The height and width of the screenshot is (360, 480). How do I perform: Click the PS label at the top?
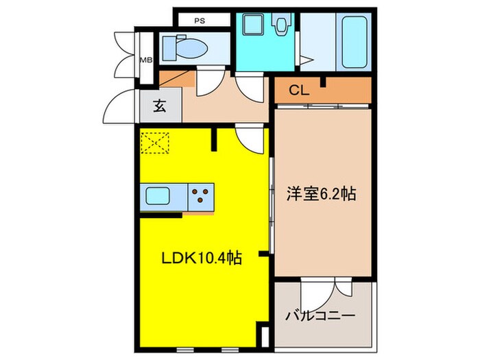200,21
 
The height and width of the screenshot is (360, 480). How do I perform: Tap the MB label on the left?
146,60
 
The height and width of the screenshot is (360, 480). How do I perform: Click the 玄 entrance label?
158,106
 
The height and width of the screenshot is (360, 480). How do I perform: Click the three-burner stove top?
201,197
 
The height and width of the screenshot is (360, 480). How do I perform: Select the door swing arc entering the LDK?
249,141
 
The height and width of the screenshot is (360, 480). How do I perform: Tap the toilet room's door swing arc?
208,84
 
